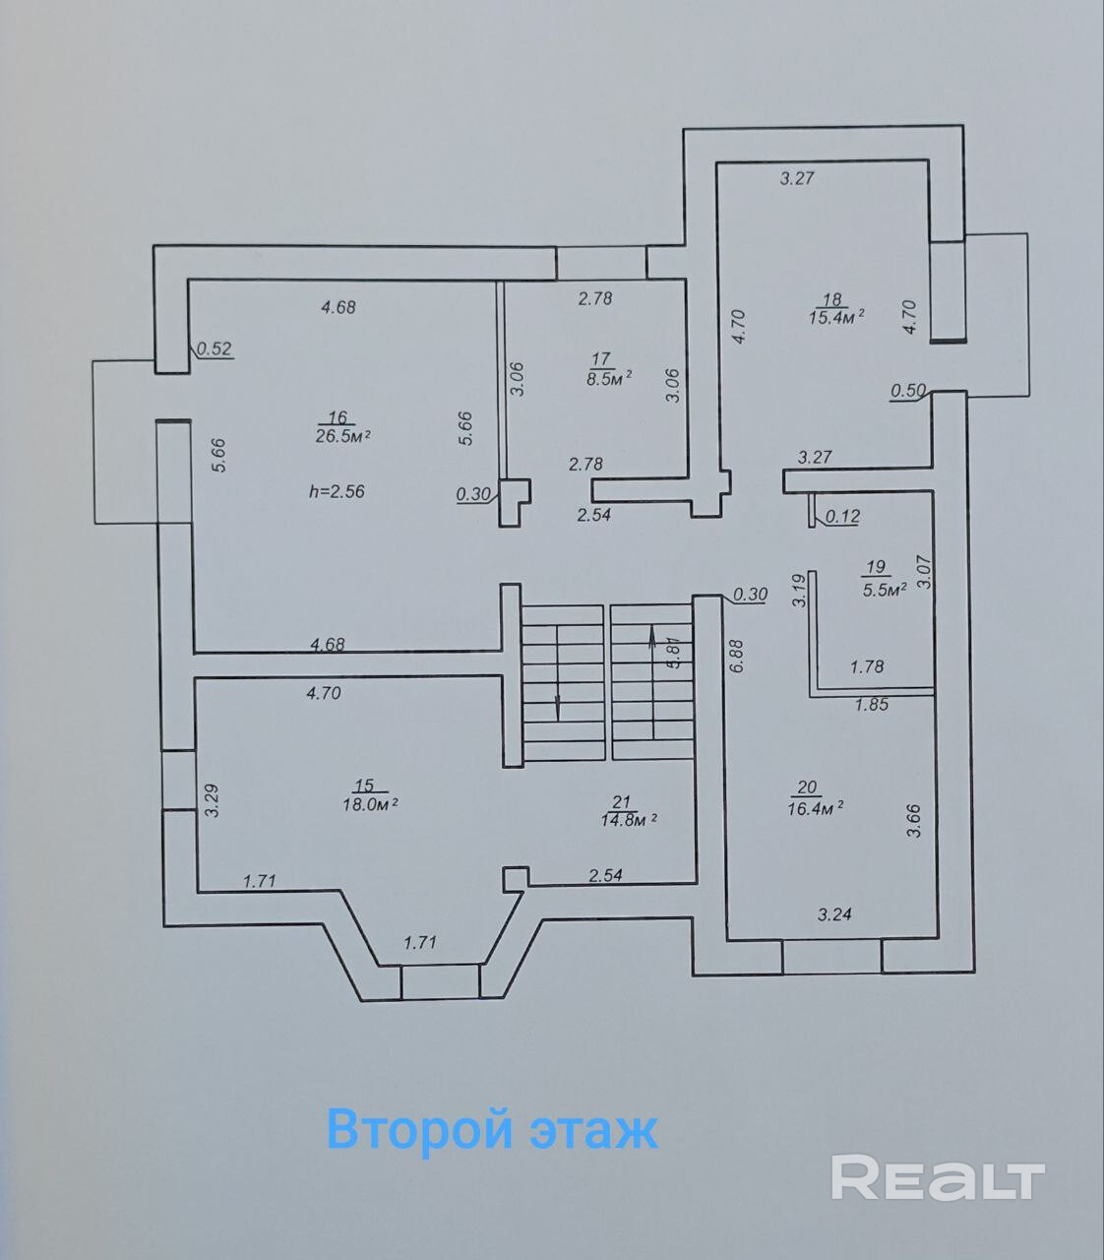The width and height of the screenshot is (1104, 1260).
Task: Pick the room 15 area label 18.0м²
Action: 369,802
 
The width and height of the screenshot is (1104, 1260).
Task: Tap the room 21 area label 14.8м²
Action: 629,818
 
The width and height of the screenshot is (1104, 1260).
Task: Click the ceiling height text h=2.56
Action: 336,491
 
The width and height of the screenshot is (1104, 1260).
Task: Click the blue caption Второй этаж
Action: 492,1128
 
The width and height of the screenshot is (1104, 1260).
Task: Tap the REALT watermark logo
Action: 937,1177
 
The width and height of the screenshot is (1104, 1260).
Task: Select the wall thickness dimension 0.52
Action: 214,347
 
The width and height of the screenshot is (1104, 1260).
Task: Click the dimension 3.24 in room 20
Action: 834,914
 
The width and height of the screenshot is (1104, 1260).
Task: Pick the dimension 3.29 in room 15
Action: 210,800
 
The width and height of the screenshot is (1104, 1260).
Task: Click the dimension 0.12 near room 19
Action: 842,515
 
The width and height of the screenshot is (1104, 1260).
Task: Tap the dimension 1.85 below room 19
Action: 872,704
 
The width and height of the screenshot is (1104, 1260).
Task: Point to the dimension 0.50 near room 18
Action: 907,391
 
